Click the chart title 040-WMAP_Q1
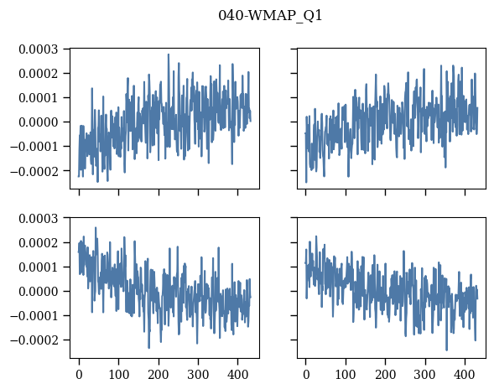click(x=270, y=15)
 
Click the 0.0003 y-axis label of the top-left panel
click(x=39, y=49)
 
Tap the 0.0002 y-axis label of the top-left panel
click(x=39, y=74)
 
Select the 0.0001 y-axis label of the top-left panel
click(x=39, y=98)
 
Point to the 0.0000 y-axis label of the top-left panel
click(x=39, y=122)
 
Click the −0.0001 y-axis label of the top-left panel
click(x=34, y=147)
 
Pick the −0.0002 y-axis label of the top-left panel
click(x=34, y=171)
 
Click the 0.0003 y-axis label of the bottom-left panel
click(x=39, y=219)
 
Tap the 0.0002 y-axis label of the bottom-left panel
click(x=39, y=243)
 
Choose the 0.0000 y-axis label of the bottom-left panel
click(x=39, y=292)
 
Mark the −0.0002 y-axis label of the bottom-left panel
click(x=34, y=340)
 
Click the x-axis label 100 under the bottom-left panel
click(x=119, y=375)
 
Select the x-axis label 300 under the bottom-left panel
click(x=198, y=375)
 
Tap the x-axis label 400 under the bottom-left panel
click(x=238, y=375)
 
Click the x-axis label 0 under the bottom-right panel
click(x=306, y=375)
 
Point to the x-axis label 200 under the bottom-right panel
click(x=385, y=375)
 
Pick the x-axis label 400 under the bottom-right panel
click(x=465, y=375)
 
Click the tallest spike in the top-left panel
click(x=169, y=54)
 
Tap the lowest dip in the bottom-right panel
click(x=446, y=350)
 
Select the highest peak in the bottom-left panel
click(x=96, y=227)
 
